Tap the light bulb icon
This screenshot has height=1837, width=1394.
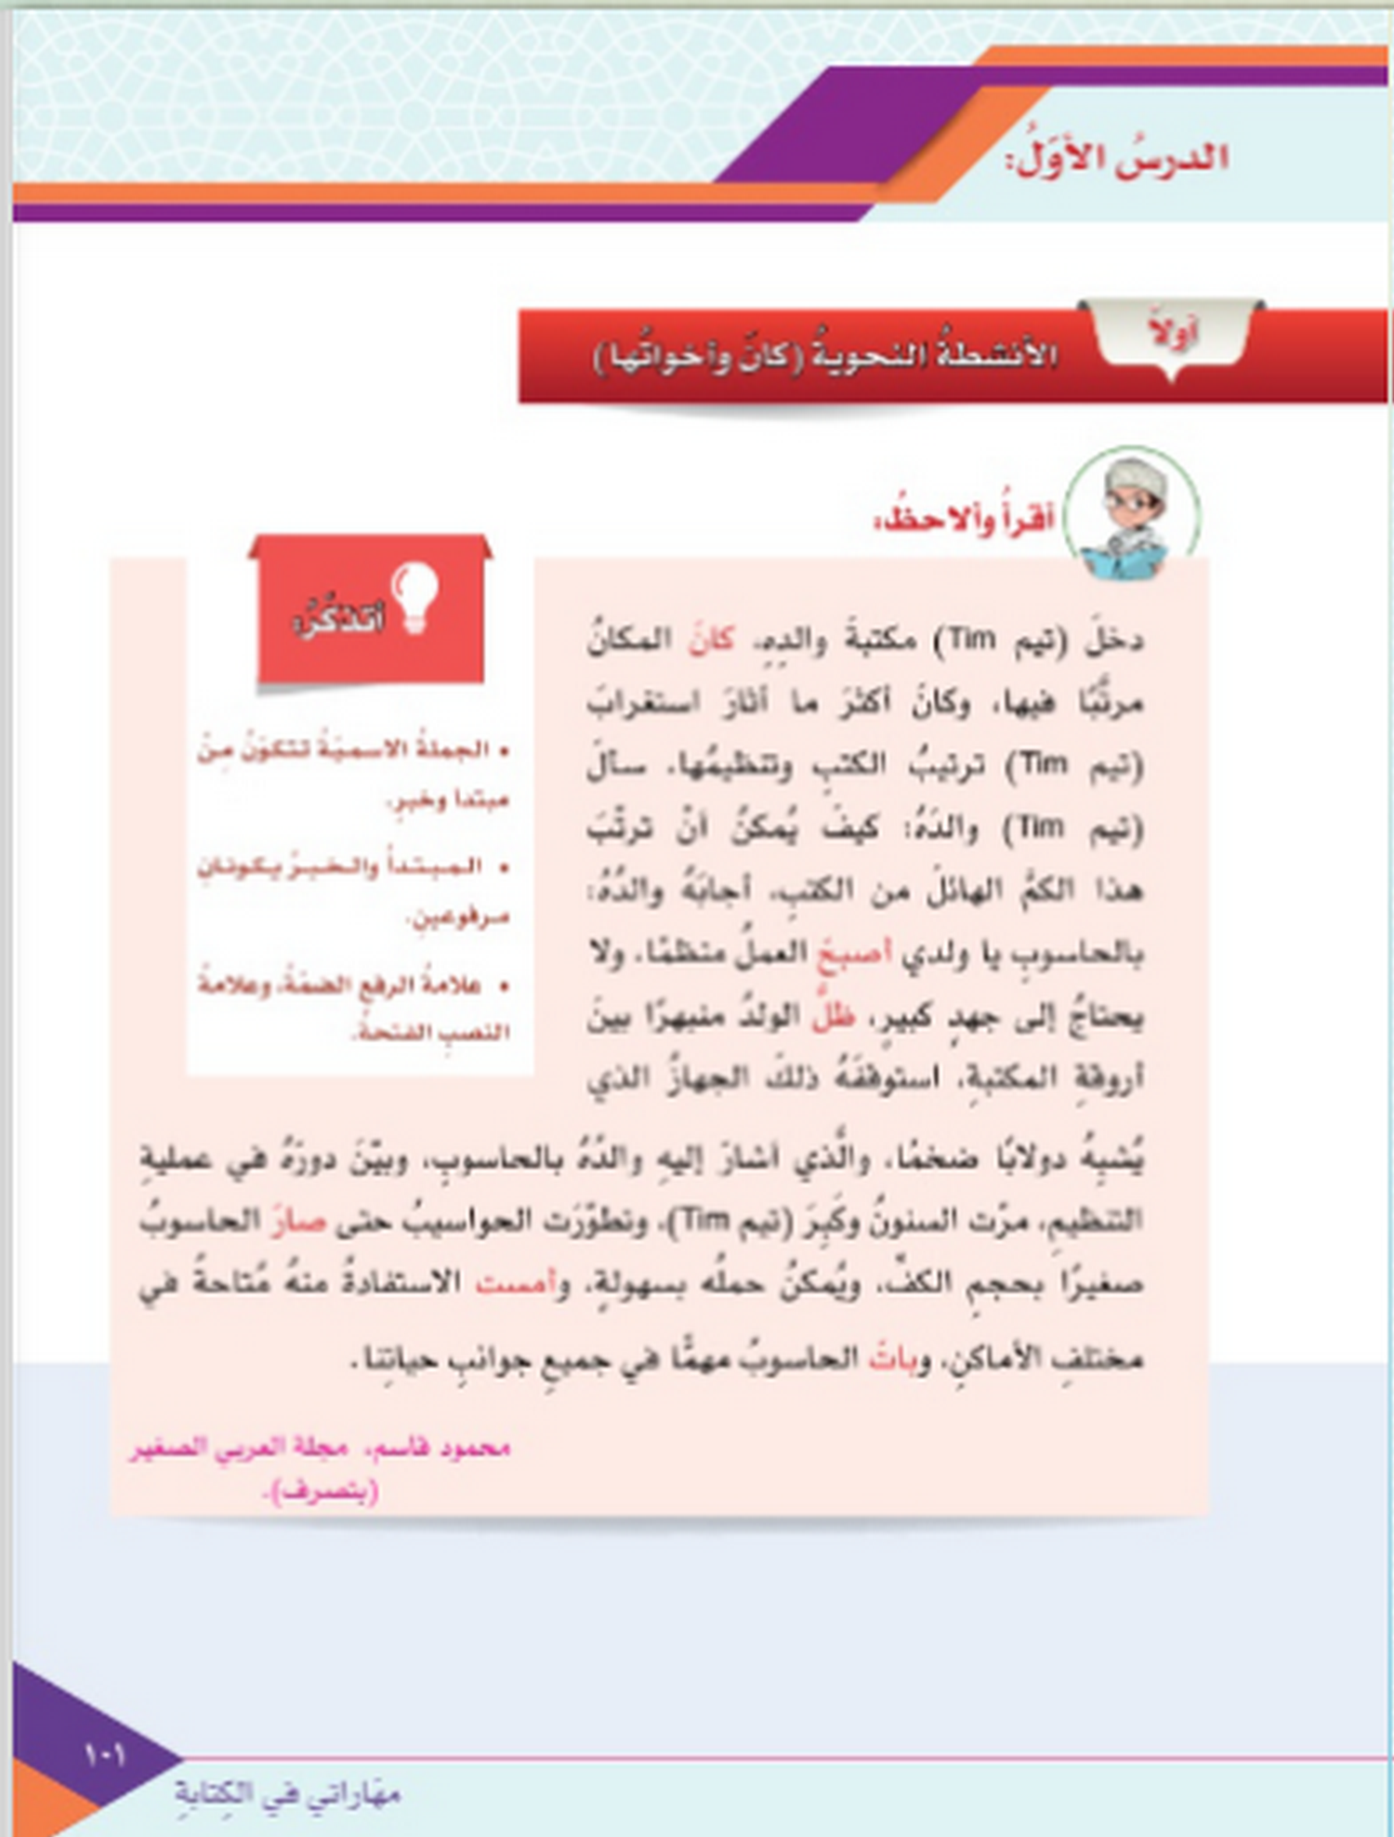coord(414,597)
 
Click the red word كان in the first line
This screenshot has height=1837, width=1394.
coord(711,640)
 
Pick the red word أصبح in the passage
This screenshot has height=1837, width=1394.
coord(853,953)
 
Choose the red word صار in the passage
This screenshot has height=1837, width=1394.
coord(297,1221)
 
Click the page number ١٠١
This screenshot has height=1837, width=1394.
coord(104,1754)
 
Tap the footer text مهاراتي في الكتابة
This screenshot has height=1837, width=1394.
coord(288,1793)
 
